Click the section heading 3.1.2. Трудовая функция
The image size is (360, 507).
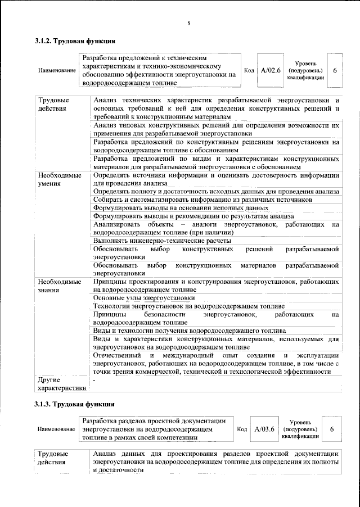[75, 41]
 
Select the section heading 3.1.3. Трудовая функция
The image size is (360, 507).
[75, 404]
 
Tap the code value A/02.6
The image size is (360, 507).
[271, 70]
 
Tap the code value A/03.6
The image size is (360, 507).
[264, 429]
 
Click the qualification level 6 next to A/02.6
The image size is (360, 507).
[335, 70]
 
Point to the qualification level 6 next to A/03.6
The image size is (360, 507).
[332, 429]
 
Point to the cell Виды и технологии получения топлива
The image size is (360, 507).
[191, 331]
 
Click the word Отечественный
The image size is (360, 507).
[116, 356]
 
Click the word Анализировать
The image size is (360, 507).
[116, 224]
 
